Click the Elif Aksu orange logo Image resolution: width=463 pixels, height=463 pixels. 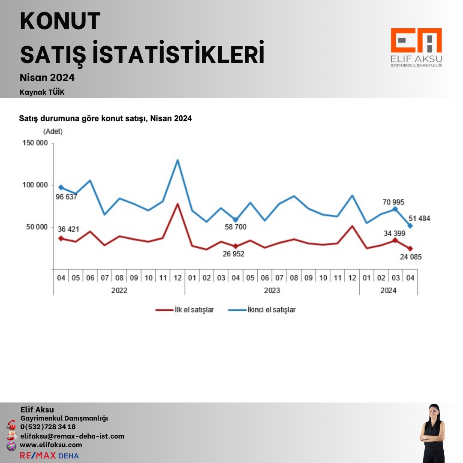pyautogui.click(x=416, y=42)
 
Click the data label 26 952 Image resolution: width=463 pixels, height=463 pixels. pyautogui.click(x=235, y=254)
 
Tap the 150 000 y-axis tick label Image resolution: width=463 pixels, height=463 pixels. pyautogui.click(x=35, y=143)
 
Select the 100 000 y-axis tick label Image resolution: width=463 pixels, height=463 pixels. pyautogui.click(x=35, y=185)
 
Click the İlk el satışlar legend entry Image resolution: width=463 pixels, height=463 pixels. pyautogui.click(x=184, y=310)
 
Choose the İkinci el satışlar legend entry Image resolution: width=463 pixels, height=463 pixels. pyautogui.click(x=262, y=310)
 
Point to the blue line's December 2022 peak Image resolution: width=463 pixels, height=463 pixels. pyautogui.click(x=177, y=160)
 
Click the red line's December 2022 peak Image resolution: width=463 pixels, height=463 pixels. pyautogui.click(x=177, y=204)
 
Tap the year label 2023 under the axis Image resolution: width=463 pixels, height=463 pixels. pyautogui.click(x=272, y=290)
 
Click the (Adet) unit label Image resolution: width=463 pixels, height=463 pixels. pyautogui.click(x=53, y=132)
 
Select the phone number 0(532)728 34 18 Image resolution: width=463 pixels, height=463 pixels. pyautogui.click(x=48, y=427)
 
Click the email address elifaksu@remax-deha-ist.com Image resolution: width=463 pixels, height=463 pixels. pyautogui.click(x=72, y=436)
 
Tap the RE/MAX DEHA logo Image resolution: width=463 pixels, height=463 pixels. pyautogui.click(x=49, y=455)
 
